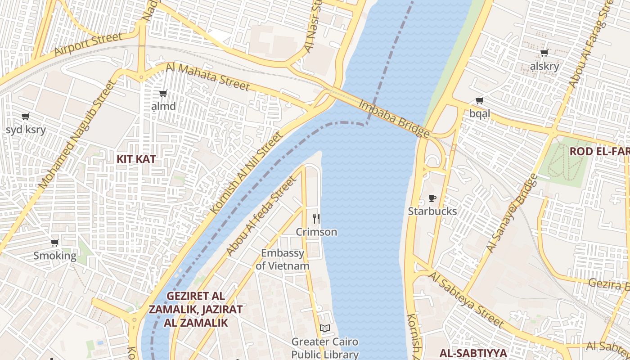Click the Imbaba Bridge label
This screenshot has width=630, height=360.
click(394, 118)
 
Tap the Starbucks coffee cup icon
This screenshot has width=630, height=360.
click(432, 198)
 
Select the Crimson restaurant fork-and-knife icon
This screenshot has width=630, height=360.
click(316, 219)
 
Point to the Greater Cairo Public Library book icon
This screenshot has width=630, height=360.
click(325, 328)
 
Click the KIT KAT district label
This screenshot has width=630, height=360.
click(136, 159)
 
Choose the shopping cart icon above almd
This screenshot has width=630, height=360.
click(163, 94)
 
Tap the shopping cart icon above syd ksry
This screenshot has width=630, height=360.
click(26, 116)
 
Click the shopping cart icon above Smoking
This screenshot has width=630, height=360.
click(55, 243)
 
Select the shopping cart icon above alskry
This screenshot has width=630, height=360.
click(544, 53)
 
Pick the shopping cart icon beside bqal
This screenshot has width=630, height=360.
click(480, 100)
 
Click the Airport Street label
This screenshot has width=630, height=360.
click(88, 45)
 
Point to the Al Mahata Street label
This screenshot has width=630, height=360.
click(207, 76)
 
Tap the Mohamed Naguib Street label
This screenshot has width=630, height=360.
click(77, 135)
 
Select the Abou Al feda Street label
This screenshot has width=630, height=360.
click(262, 216)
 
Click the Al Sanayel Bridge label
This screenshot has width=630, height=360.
click(513, 213)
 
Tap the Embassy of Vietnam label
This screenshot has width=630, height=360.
click(283, 259)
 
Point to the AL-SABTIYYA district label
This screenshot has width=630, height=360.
click(473, 353)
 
